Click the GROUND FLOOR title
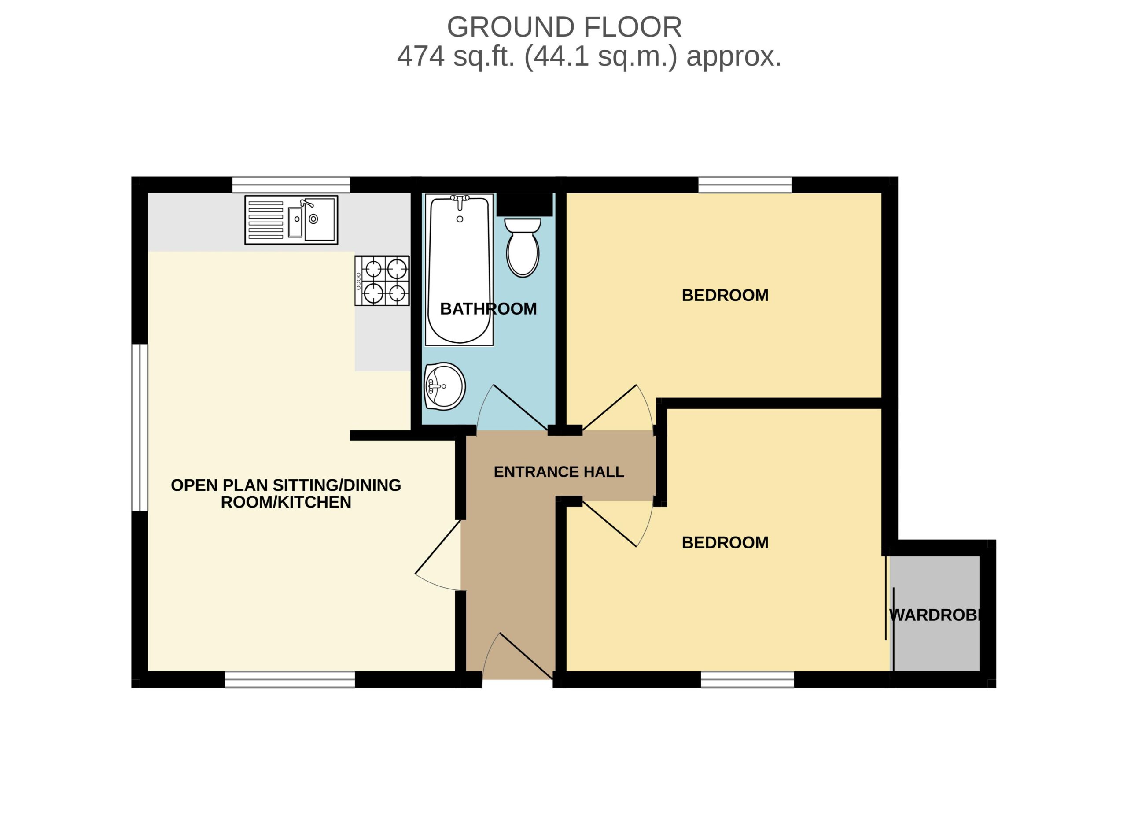(564, 27)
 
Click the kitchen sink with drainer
(291, 220)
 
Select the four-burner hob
(382, 281)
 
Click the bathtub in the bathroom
(459, 270)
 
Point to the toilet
(523, 247)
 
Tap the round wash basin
(444, 386)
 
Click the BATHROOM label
(489, 309)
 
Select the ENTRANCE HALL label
(559, 472)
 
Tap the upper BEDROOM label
(725, 295)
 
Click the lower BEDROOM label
(725, 542)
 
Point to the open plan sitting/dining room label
(286, 493)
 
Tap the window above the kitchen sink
(291, 185)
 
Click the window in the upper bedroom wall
(745, 185)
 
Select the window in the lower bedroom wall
(748, 679)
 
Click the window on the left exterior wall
(140, 428)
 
